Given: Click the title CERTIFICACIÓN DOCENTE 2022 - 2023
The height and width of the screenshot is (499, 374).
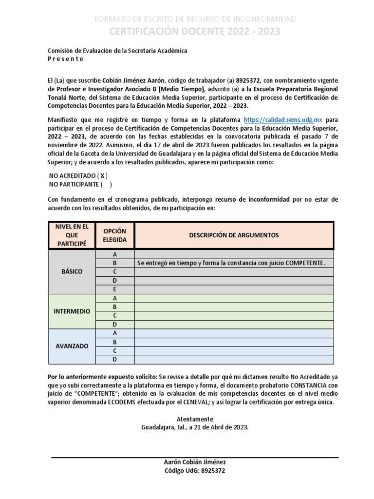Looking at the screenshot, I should click(194, 32).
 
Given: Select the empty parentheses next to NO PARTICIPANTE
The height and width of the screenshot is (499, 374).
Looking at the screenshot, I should click(106, 184).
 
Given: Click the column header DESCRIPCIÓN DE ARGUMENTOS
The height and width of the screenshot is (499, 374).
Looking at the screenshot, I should click(234, 235).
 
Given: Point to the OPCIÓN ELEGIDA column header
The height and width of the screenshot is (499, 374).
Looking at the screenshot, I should click(115, 235).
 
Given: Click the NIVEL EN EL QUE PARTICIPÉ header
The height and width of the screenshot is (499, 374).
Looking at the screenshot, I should click(72, 235).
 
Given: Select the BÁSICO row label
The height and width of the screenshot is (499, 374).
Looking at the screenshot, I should click(72, 271).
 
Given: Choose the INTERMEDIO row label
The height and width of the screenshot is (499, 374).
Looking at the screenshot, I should click(72, 311).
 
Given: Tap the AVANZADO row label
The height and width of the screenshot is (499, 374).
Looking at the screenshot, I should click(72, 346).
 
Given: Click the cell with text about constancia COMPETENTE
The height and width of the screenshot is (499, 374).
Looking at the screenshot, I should click(231, 263).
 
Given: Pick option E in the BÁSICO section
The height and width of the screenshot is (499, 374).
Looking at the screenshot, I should click(115, 289).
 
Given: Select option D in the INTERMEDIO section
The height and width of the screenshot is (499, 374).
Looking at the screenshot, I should click(115, 324).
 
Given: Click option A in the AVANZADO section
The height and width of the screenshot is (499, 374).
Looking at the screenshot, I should click(115, 333).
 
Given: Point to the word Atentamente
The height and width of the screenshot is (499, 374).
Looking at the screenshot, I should click(195, 419).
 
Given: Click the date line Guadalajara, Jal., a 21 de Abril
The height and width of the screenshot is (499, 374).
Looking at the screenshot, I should click(195, 427).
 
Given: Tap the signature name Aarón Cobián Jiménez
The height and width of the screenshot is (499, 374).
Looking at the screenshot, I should click(194, 462).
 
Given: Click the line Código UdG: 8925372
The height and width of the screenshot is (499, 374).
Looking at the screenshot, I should click(194, 471).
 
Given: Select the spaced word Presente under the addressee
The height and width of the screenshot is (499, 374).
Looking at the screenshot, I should click(65, 59).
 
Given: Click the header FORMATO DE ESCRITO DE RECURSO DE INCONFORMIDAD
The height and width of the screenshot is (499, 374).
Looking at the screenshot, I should click(194, 19).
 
